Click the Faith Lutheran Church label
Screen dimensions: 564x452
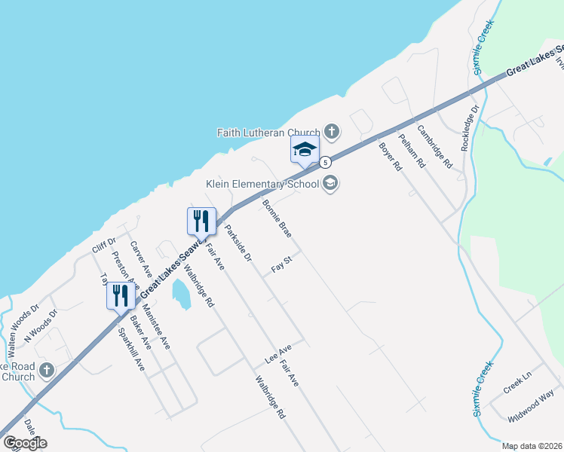point(268,133)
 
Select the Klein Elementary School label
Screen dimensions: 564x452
point(262,184)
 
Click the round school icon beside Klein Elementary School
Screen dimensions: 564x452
point(330,183)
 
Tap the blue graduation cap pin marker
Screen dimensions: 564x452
point(305,149)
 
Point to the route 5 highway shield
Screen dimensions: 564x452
point(325,162)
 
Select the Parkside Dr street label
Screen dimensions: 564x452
point(238,243)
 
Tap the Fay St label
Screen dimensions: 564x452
point(282,263)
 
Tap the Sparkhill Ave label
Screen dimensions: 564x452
point(131,349)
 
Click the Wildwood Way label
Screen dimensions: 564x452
point(531,405)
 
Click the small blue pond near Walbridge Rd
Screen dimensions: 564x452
point(181,294)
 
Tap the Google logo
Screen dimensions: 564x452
point(25,442)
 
